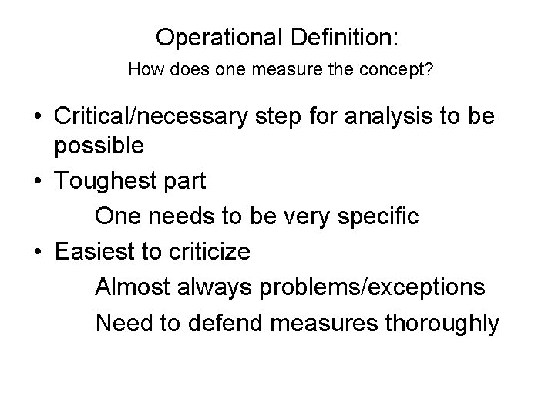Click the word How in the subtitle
(x=144, y=71)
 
